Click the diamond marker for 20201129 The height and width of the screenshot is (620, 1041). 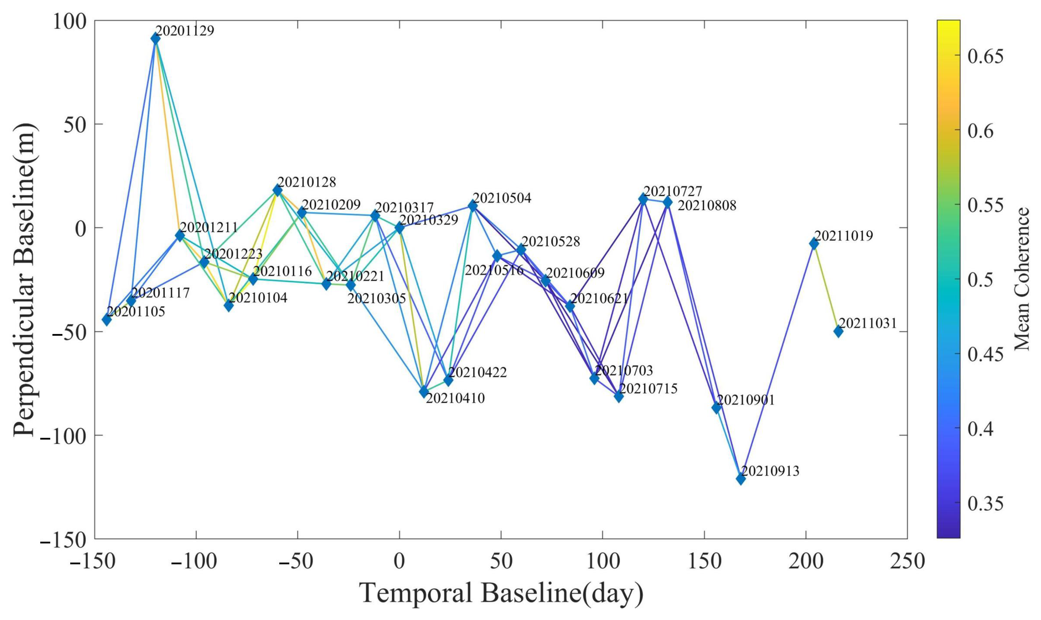pyautogui.click(x=155, y=39)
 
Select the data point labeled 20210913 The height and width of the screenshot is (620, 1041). pyautogui.click(x=741, y=479)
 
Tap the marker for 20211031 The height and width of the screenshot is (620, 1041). pyautogui.click(x=838, y=331)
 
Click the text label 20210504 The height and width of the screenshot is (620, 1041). pyautogui.click(x=502, y=198)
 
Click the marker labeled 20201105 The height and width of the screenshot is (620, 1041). pyautogui.click(x=107, y=320)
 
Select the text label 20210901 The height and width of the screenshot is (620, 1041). pyautogui.click(x=746, y=400)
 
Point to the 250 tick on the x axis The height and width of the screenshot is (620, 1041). pyautogui.click(x=907, y=562)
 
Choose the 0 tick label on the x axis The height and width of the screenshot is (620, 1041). pyautogui.click(x=400, y=562)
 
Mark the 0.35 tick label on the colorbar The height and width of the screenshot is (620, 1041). pyautogui.click(x=985, y=504)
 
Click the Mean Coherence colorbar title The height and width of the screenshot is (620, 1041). pyautogui.click(x=1022, y=279)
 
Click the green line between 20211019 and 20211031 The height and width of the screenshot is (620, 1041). pyautogui.click(x=826, y=288)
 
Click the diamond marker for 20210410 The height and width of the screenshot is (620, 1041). pyautogui.click(x=424, y=391)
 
